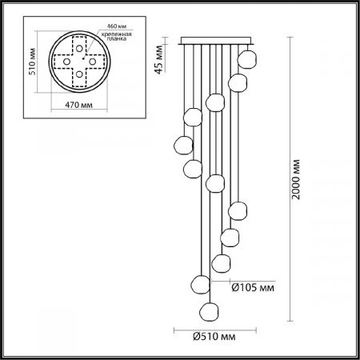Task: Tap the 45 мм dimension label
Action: coord(160,60)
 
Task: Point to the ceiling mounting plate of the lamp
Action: coord(217,40)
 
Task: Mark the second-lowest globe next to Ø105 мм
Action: coord(200,283)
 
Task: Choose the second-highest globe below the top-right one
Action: coord(237,82)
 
